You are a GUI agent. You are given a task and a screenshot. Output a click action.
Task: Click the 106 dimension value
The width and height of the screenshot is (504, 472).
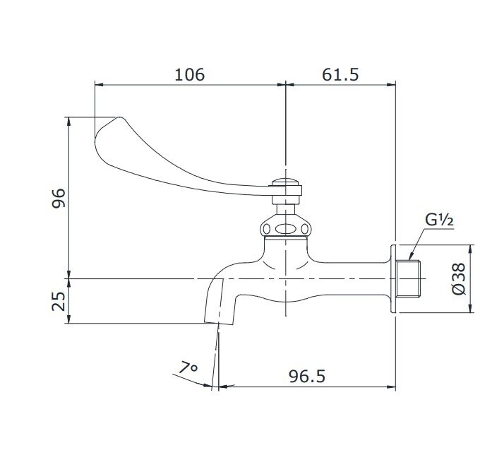tap(189, 74)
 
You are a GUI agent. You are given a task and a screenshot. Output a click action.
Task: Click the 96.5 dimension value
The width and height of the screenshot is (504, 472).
tap(307, 376)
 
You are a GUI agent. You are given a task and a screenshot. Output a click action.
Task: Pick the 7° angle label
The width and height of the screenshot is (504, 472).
tap(188, 368)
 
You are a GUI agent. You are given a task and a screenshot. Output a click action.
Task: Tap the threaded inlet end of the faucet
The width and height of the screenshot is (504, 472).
tap(409, 279)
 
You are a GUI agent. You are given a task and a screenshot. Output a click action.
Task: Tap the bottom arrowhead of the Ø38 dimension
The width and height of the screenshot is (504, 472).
tap(471, 309)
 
